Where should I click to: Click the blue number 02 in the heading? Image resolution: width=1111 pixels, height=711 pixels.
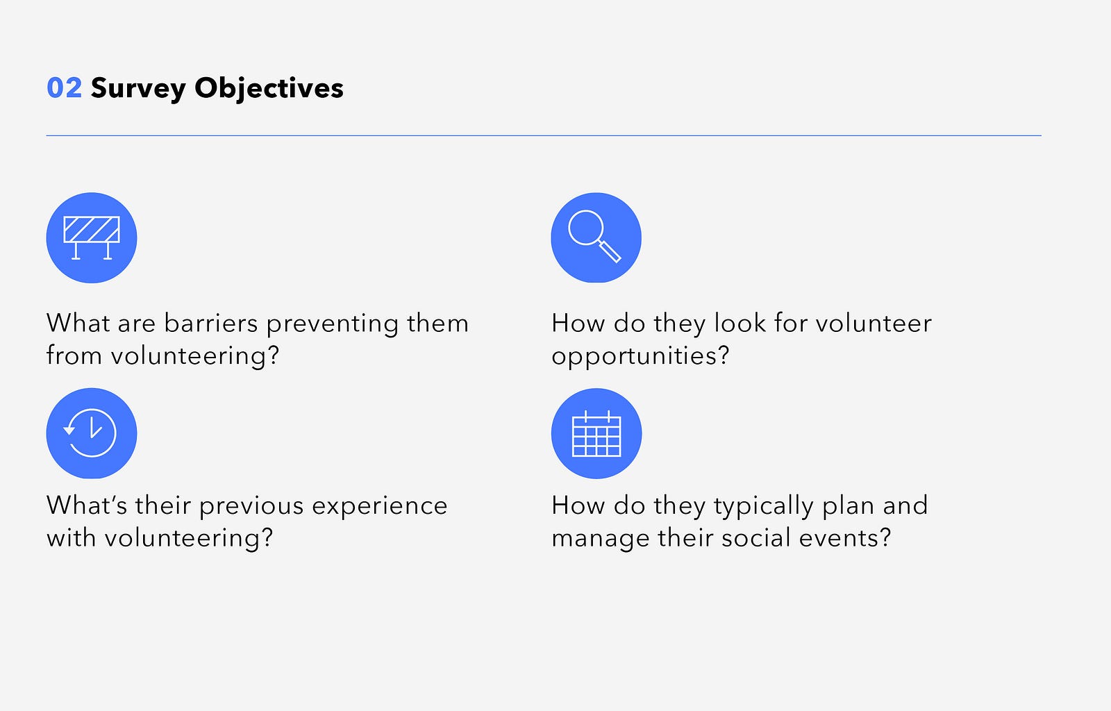click(64, 88)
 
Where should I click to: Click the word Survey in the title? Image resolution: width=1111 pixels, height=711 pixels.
click(138, 90)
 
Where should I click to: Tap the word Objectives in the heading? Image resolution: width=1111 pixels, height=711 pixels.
click(269, 90)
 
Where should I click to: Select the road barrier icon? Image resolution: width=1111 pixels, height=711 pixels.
click(92, 238)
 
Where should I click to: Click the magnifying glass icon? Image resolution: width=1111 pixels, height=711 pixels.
click(594, 236)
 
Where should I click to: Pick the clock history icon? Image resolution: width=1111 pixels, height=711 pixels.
click(90, 433)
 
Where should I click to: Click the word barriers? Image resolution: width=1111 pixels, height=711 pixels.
click(211, 324)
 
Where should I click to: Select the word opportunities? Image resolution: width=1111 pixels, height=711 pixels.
click(640, 356)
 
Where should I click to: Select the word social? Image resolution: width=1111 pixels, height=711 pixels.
click(756, 538)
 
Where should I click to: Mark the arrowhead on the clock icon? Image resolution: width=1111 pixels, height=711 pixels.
click(69, 430)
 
